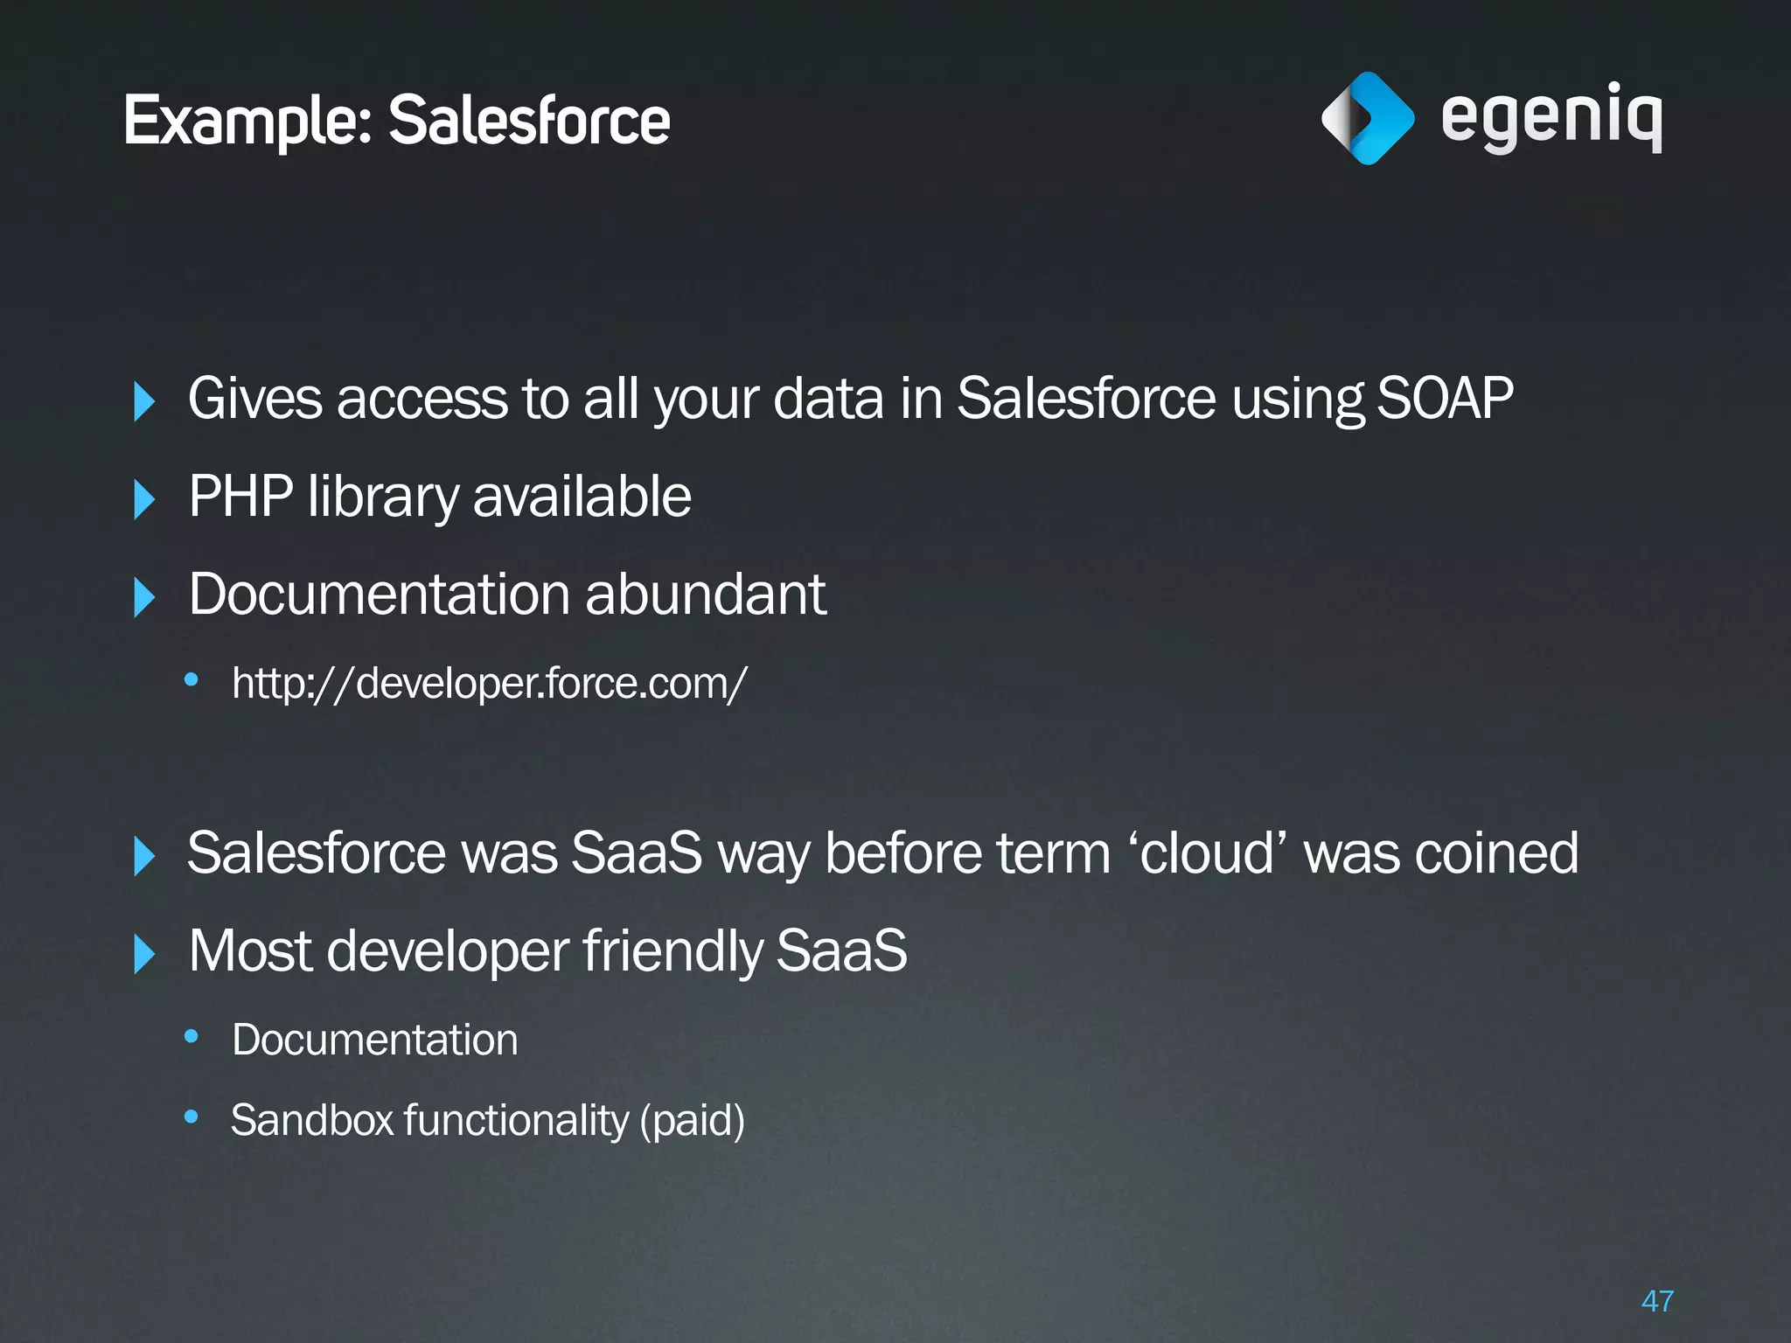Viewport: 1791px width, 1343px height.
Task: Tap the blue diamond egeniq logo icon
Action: click(x=1367, y=118)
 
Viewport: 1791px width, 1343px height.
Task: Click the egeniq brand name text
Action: click(x=1551, y=118)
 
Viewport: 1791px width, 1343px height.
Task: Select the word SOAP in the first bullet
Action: click(x=1445, y=399)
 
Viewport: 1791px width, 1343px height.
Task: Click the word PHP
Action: click(x=240, y=497)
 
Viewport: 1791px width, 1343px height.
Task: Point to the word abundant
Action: click(x=705, y=595)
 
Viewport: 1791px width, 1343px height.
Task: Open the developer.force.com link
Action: click(x=490, y=683)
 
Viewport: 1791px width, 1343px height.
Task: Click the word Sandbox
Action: click(x=312, y=1120)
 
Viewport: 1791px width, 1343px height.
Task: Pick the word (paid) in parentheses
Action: click(x=693, y=1120)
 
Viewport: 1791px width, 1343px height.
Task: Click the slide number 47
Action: click(x=1657, y=1301)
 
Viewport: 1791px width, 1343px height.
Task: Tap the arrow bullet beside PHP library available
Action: click(x=144, y=499)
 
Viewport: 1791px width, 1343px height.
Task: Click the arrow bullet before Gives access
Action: click(x=144, y=401)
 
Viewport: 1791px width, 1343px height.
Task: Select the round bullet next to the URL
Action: click(x=192, y=679)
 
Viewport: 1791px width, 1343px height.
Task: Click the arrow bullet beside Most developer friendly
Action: click(x=144, y=953)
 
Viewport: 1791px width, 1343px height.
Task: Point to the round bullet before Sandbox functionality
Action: click(x=192, y=1117)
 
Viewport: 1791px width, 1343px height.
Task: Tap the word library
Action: click(x=383, y=497)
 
